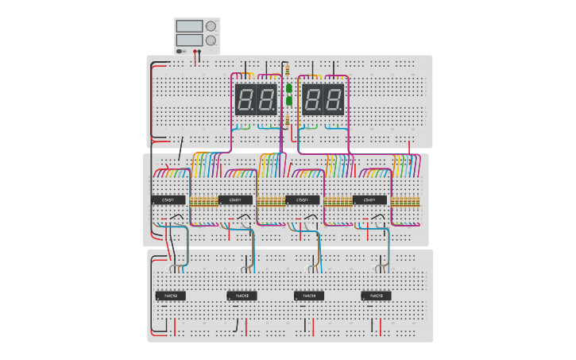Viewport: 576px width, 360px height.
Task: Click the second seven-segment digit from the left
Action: [x=266, y=99]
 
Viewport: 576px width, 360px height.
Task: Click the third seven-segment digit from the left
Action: [x=313, y=99]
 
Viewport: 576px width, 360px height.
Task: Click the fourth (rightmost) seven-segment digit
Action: [x=333, y=99]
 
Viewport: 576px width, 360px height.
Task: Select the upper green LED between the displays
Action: [x=289, y=88]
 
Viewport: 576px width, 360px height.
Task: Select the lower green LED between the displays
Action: [x=289, y=101]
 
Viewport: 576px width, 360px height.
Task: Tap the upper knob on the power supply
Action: [x=211, y=25]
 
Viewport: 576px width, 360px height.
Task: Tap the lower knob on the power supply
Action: [x=211, y=40]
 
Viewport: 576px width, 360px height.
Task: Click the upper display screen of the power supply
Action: [x=189, y=26]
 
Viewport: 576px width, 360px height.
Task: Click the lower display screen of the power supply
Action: [x=189, y=40]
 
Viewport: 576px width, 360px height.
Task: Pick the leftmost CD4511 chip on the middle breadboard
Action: [x=168, y=199]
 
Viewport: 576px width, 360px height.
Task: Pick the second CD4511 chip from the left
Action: [x=235, y=199]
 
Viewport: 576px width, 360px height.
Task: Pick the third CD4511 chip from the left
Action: [x=303, y=199]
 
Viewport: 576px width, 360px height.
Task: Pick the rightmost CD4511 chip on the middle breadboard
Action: [x=369, y=199]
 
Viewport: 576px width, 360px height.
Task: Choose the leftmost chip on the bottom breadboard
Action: [x=171, y=296]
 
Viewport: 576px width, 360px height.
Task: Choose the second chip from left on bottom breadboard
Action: [x=242, y=296]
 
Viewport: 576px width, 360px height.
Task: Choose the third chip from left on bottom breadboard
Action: [x=309, y=296]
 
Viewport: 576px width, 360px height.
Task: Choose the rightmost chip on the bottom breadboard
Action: [x=376, y=296]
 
